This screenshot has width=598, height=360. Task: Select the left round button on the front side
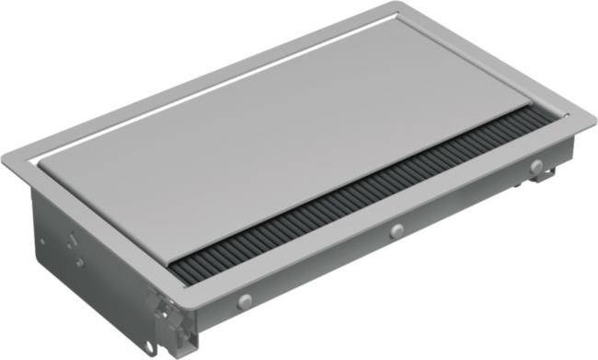(245, 300)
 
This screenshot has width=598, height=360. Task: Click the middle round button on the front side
(397, 231)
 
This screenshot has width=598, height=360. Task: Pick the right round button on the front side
(535, 167)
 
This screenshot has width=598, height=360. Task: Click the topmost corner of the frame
(397, 4)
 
